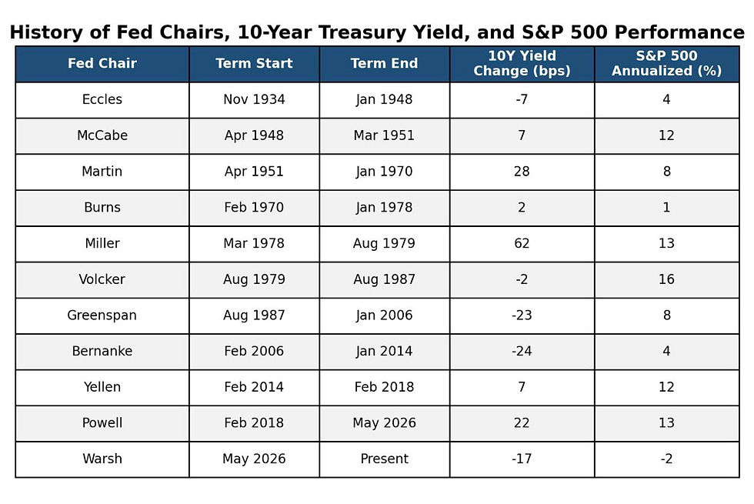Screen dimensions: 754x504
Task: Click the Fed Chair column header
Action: [102, 63]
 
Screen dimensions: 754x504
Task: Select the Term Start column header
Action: [254, 63]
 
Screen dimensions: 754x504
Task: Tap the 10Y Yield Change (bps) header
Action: [522, 63]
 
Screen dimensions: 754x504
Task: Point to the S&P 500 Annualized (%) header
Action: [666, 63]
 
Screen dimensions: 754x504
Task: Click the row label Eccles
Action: [102, 99]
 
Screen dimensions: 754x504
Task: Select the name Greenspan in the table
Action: [102, 315]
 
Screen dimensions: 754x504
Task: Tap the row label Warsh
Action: [102, 459]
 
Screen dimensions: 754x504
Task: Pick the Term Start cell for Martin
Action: [254, 171]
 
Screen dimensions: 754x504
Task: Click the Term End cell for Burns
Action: [384, 207]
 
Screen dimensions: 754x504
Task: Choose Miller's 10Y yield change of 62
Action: [522, 243]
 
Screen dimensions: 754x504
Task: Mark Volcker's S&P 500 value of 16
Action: [666, 279]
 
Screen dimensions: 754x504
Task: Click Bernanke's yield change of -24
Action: [522, 351]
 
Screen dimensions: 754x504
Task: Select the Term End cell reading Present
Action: [384, 459]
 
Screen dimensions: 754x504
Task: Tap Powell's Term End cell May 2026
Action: [384, 422]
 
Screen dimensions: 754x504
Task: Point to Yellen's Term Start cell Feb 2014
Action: [254, 386]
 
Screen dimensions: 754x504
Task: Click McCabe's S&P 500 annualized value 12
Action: [666, 135]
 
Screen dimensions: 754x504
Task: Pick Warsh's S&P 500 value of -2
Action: [666, 459]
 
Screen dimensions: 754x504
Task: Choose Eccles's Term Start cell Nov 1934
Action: [254, 99]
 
